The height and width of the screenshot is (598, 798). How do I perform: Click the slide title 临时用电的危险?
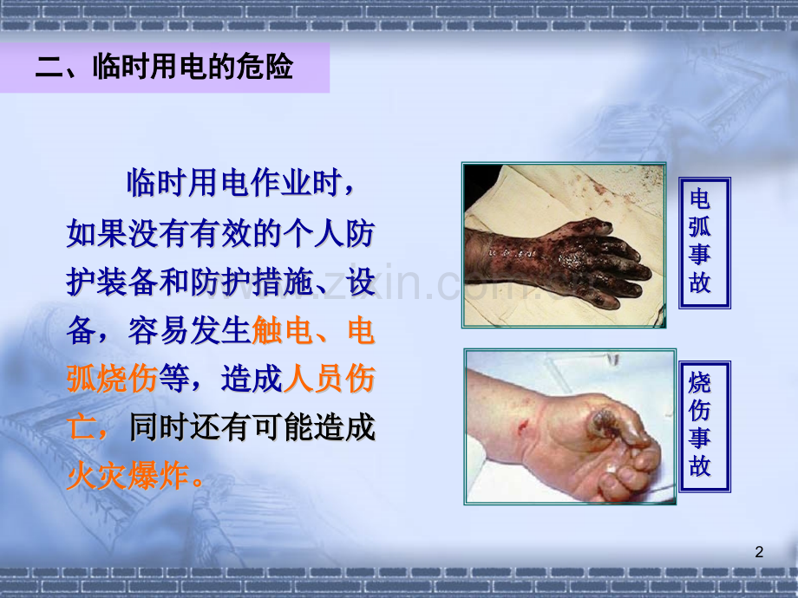(164, 68)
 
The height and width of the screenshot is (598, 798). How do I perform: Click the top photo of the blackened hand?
(565, 245)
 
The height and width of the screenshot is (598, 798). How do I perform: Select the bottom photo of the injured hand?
(570, 426)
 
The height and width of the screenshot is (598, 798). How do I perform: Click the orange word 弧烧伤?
(111, 379)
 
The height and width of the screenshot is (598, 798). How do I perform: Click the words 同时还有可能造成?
(252, 427)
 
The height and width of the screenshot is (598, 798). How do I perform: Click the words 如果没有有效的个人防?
(221, 233)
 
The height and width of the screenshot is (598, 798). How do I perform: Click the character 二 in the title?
(48, 69)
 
